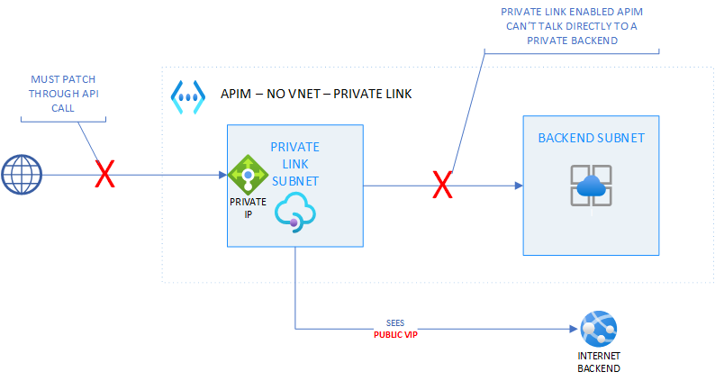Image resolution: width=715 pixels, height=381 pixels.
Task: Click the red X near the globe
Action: click(105, 175)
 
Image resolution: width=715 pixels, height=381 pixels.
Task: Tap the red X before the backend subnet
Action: click(442, 186)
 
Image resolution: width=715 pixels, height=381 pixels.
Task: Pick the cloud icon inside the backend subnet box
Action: click(591, 186)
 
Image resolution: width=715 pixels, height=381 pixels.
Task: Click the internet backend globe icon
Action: click(598, 327)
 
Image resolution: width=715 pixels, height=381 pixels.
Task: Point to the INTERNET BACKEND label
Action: click(598, 362)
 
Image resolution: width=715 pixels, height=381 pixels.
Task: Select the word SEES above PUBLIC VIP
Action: click(397, 323)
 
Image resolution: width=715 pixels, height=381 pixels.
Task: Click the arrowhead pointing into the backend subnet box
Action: click(518, 186)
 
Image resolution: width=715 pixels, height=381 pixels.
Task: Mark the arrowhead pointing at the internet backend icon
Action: click(573, 329)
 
